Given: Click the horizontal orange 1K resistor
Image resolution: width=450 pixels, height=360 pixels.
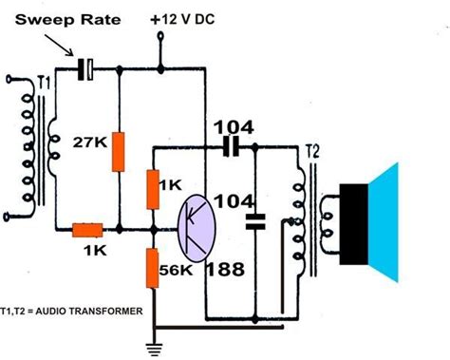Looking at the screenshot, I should [87, 229].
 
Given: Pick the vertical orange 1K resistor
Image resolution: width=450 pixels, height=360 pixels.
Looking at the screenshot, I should [152, 188].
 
